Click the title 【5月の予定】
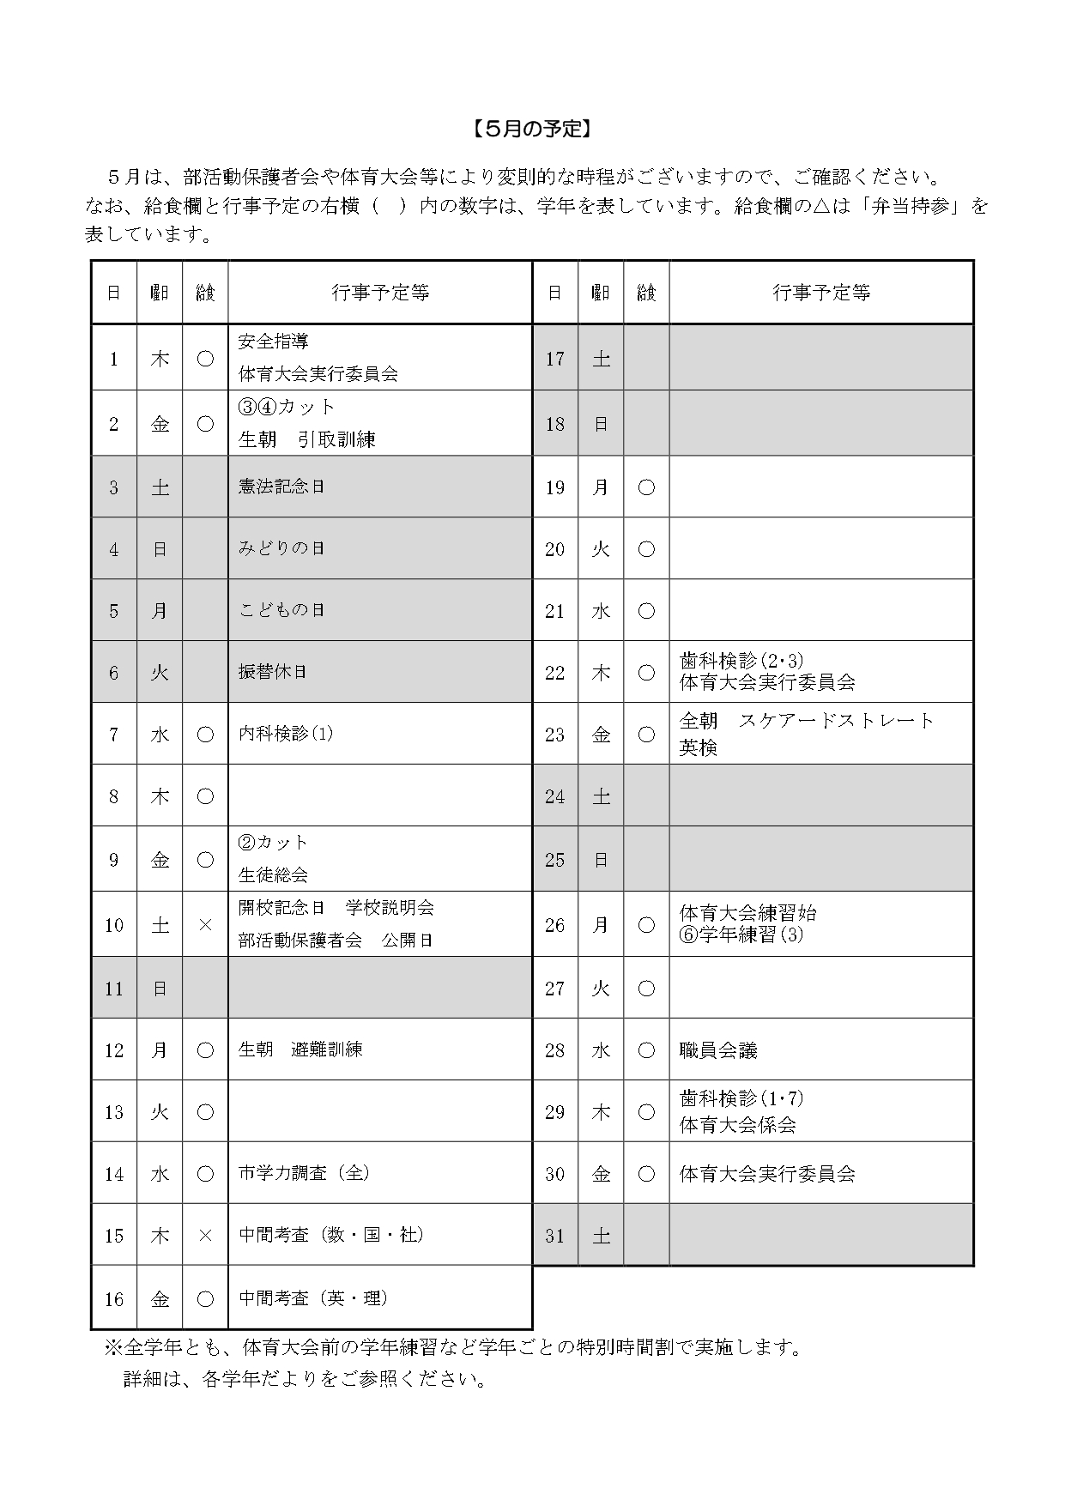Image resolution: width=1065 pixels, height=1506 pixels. pos(532,129)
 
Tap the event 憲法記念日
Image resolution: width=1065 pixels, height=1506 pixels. pos(281,487)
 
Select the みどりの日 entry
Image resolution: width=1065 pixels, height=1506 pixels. pos(281,548)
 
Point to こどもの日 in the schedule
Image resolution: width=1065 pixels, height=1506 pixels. pos(281,610)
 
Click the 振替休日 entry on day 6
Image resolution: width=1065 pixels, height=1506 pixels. pos(272,672)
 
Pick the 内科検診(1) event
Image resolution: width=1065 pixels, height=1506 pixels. pos(286,734)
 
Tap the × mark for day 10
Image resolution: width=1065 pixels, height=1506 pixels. pos(205,925)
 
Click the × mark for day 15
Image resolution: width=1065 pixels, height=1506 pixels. pos(205,1236)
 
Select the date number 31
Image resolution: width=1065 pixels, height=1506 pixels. pos(555,1236)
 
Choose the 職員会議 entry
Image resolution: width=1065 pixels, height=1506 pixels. pos(718,1050)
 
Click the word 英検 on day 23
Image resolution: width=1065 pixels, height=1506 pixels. pos(698,748)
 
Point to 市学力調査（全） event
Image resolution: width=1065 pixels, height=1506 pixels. pos(304,1173)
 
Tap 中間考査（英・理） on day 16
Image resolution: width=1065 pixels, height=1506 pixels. pos(313,1298)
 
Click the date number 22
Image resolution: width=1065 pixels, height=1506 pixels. pos(555,673)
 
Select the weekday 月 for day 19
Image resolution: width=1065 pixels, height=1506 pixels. pos(601,487)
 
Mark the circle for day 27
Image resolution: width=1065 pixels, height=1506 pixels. pos(646,989)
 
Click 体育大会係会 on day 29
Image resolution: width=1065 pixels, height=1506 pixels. pos(737,1125)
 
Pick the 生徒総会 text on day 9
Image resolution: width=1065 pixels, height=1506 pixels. pos(273,875)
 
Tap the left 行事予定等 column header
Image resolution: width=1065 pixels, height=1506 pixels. pos(380,293)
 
